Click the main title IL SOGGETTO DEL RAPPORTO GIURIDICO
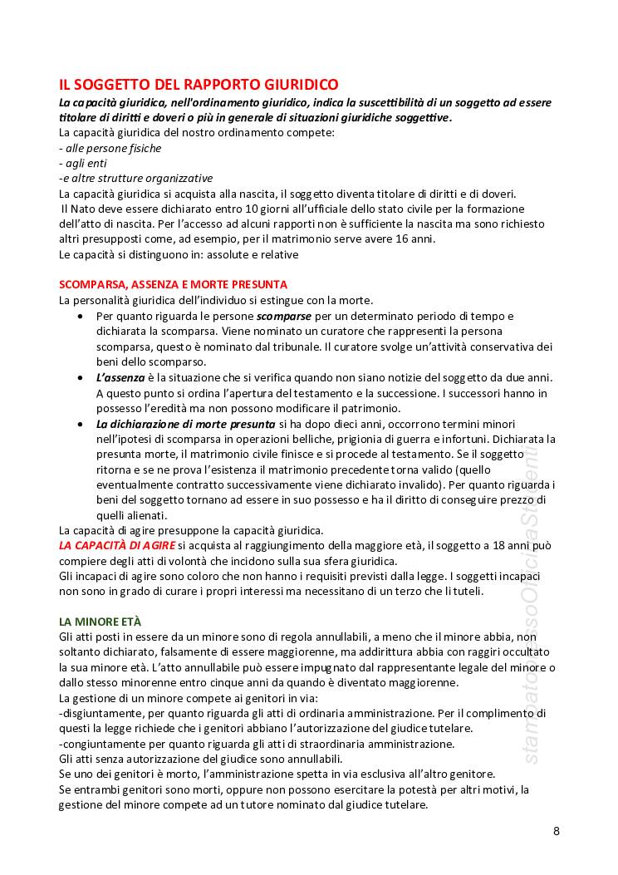[199, 85]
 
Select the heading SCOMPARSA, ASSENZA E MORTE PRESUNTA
[173, 284]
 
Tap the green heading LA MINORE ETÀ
[100, 621]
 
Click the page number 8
[557, 831]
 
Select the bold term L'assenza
[120, 377]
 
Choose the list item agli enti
[86, 163]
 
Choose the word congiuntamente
[105, 743]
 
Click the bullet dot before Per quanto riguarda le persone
[79, 317]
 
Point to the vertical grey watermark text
[532, 598]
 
